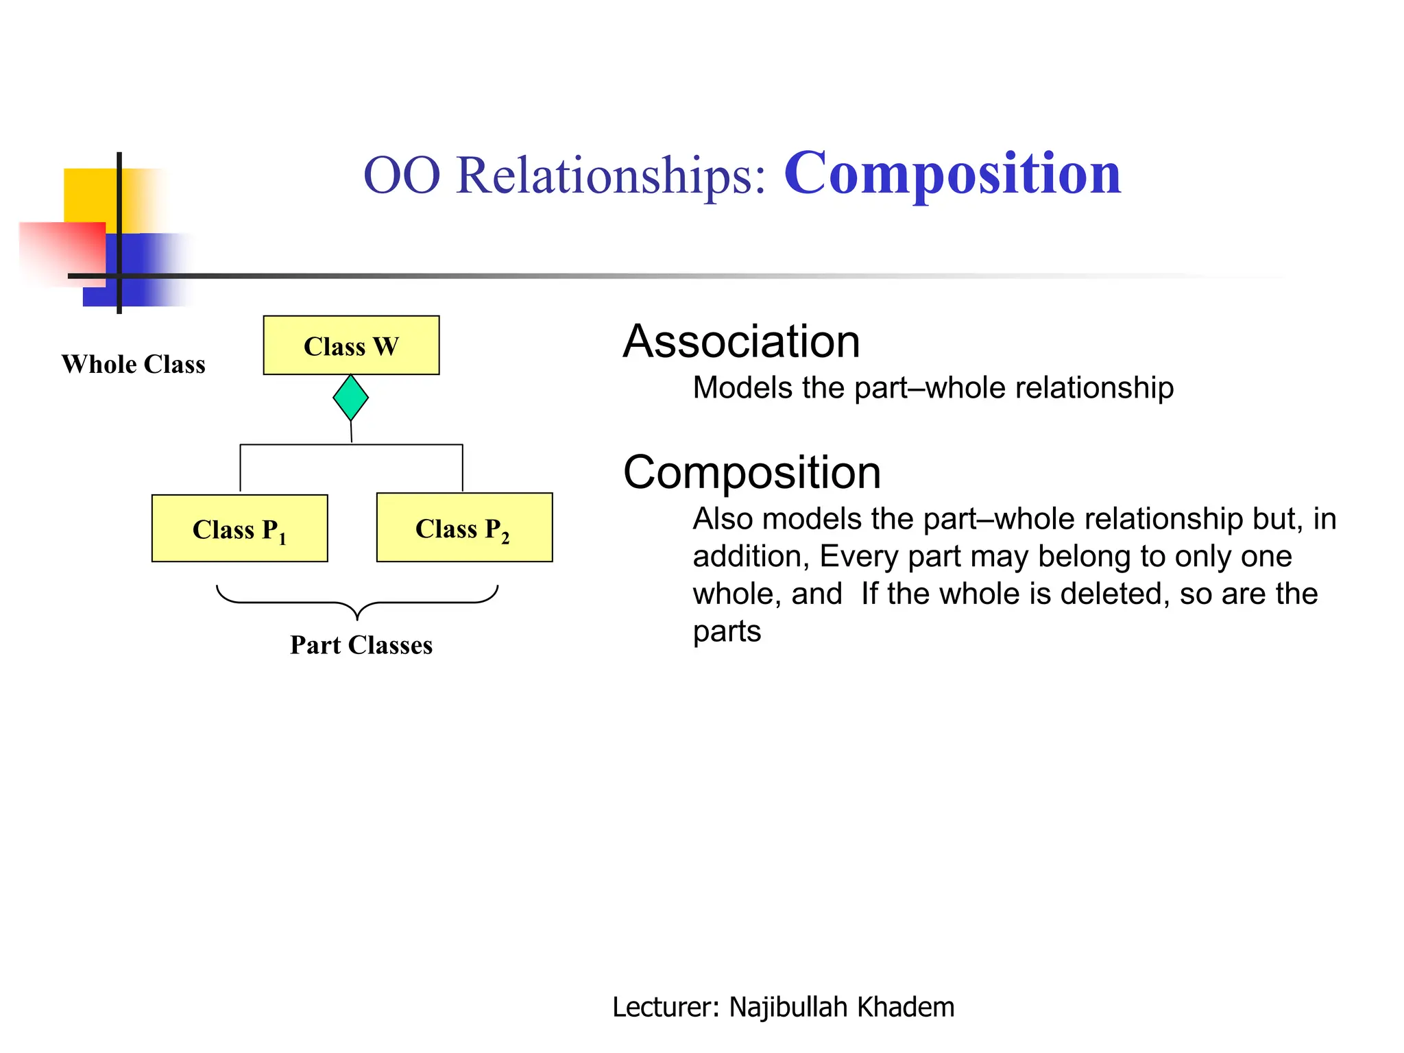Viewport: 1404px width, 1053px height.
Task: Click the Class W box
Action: click(351, 346)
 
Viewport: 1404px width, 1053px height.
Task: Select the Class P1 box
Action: click(239, 529)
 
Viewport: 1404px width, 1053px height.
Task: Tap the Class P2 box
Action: click(464, 527)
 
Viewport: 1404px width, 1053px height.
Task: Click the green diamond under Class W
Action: click(350, 398)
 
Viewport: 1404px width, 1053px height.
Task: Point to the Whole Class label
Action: click(133, 364)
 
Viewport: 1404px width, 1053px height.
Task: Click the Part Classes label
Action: click(361, 645)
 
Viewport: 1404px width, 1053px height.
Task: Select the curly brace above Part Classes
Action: click(357, 601)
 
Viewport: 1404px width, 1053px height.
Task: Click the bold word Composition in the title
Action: click(952, 174)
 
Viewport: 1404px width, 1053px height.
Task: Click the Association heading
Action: click(741, 341)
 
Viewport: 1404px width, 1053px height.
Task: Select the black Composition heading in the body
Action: click(751, 472)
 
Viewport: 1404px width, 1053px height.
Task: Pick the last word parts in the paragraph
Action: click(727, 631)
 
